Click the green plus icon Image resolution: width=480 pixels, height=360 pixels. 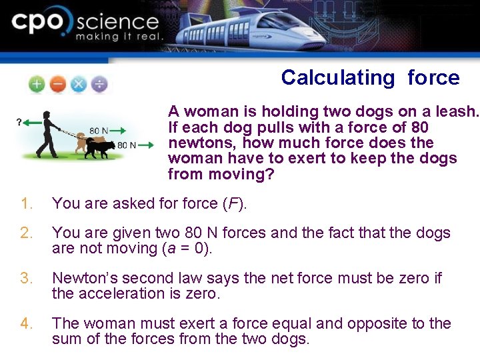pos(37,85)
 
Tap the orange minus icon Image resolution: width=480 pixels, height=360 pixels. pos(57,85)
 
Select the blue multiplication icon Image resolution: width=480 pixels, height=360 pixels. pos(78,85)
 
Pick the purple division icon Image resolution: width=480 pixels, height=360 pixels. pos(99,85)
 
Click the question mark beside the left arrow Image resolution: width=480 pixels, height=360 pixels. pos(19,122)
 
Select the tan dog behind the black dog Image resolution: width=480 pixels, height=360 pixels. pos(82,141)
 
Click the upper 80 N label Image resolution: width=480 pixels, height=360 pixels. pos(99,131)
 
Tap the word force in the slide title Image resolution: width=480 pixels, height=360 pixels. pos(433,78)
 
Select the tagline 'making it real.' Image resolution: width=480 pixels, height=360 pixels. pos(119,37)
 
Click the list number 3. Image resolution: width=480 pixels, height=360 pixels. pos(25,278)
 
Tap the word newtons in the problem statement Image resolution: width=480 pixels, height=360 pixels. pos(202,143)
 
